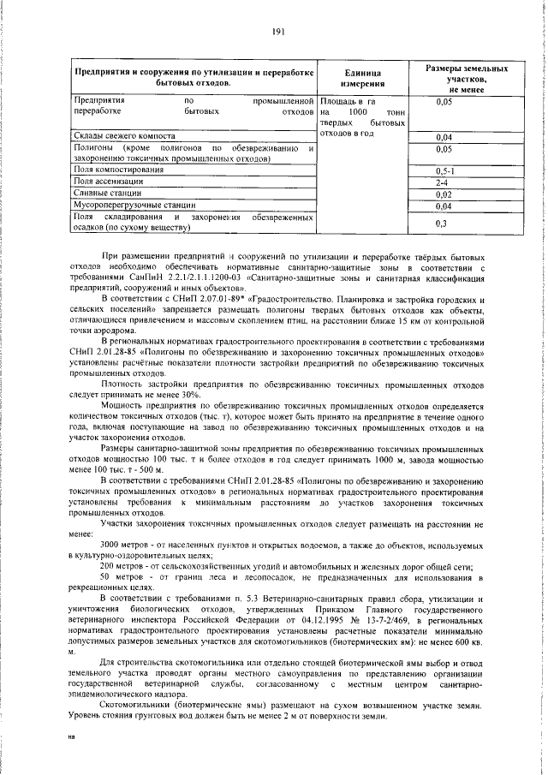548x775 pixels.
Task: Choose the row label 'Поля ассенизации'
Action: (107, 182)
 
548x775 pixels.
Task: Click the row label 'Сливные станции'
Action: (105, 194)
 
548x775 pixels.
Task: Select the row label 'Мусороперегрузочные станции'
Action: (129, 206)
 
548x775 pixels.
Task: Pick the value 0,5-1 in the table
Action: (444, 171)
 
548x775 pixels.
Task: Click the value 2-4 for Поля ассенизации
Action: (443, 183)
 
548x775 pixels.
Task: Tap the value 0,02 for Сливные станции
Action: (444, 195)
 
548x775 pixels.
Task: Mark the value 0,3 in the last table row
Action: (441, 224)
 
